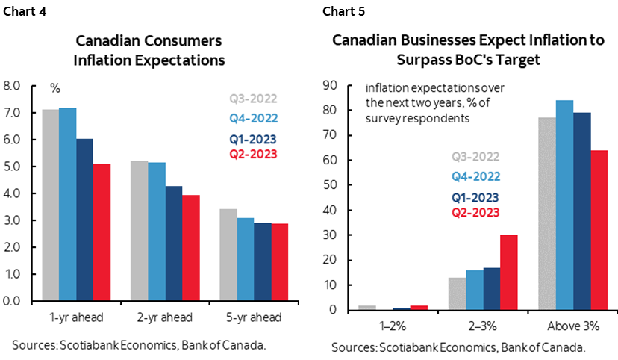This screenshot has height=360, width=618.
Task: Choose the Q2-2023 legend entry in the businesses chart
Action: coord(475,212)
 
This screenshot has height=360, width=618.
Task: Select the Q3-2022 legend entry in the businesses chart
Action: coord(475,157)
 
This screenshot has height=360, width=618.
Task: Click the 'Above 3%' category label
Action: coord(573,326)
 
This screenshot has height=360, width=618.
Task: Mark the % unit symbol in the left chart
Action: coord(54,87)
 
